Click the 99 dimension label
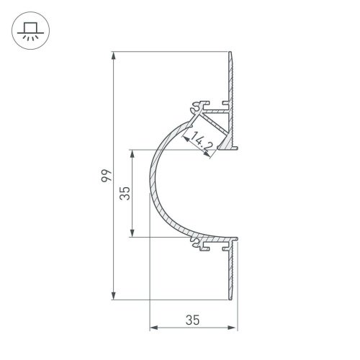coord(106,176)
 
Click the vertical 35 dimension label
coord(125,194)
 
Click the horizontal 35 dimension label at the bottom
coord(192,320)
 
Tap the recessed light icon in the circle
coord(30,31)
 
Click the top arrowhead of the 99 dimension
coord(114,55)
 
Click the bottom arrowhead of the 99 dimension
coord(114,296)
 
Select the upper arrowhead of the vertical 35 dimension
coord(132,154)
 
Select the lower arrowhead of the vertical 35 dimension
coord(132,233)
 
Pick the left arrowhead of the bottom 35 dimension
coord(154,328)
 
